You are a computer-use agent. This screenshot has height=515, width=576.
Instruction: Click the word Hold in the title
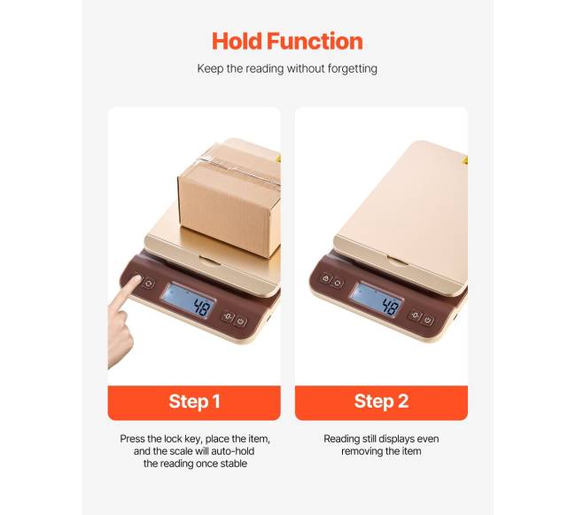(237, 41)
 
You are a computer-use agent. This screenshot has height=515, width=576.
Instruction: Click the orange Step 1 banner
(194, 402)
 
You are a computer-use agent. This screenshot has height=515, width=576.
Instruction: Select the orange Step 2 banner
(381, 402)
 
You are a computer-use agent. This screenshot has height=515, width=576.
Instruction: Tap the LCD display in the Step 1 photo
(189, 300)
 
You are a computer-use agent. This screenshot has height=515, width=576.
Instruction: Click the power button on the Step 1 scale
(241, 322)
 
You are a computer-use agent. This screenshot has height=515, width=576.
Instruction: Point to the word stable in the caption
(233, 464)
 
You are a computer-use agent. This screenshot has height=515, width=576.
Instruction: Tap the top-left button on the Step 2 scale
(325, 278)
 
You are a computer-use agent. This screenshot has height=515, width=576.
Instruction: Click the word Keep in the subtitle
(208, 68)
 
